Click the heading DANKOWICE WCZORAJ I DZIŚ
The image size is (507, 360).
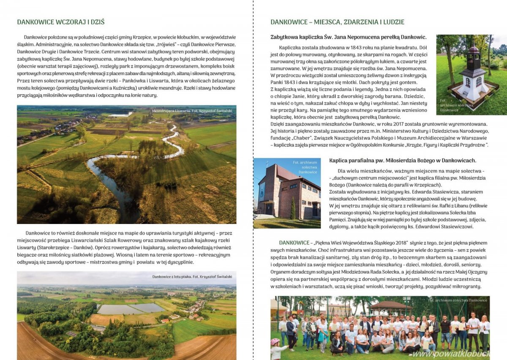click(61, 22)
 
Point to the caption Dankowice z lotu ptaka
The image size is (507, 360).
click(193, 277)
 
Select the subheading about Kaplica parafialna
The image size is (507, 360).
click(402, 161)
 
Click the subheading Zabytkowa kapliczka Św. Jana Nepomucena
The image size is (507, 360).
click(348, 37)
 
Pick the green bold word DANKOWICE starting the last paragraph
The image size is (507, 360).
click(294, 243)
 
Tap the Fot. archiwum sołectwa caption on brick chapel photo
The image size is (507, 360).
click(308, 167)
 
